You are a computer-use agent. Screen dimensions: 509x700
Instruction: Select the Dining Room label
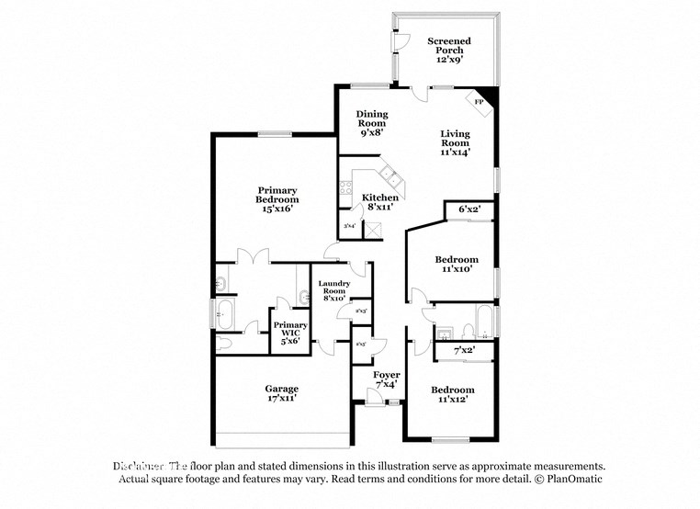point(372,119)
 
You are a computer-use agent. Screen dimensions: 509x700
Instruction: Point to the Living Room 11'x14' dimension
point(455,153)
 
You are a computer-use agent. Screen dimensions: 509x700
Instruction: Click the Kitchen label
point(379,198)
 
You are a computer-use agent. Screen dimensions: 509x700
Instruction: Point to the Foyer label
point(386,376)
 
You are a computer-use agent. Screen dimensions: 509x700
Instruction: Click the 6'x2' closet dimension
point(469,209)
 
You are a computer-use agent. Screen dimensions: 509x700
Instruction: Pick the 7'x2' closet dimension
point(465,351)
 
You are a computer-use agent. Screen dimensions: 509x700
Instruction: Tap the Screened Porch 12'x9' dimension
point(450,58)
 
